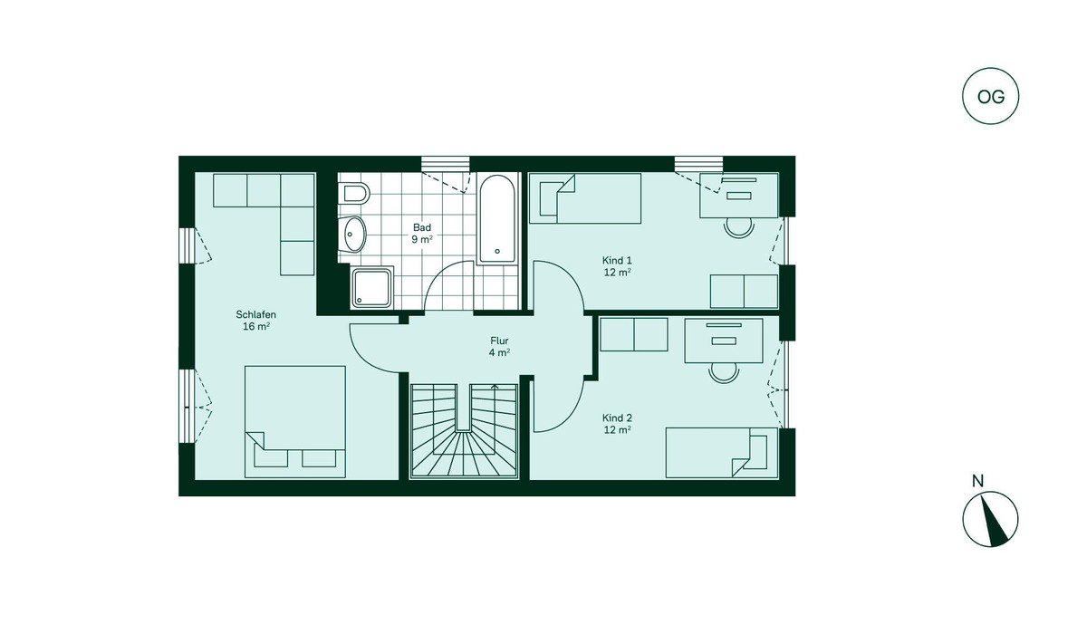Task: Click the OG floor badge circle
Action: pos(990,96)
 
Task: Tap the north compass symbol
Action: pos(990,519)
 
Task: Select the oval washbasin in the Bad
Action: pos(354,234)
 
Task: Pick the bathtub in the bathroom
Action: pos(496,219)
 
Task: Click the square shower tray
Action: pos(371,288)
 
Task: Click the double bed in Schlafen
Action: pos(295,421)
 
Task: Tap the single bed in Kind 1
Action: pos(585,198)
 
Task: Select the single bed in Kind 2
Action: pos(722,453)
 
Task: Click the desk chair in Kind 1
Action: pos(738,227)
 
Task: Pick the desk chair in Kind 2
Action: pos(724,373)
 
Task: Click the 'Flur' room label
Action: pos(499,341)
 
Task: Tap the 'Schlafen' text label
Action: pos(255,314)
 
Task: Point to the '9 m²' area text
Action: pos(422,239)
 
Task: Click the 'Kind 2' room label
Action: pos(617,418)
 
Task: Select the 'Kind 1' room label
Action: pos(617,261)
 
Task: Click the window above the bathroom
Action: pos(446,164)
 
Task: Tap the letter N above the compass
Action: pos(977,481)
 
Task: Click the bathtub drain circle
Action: pos(497,251)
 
